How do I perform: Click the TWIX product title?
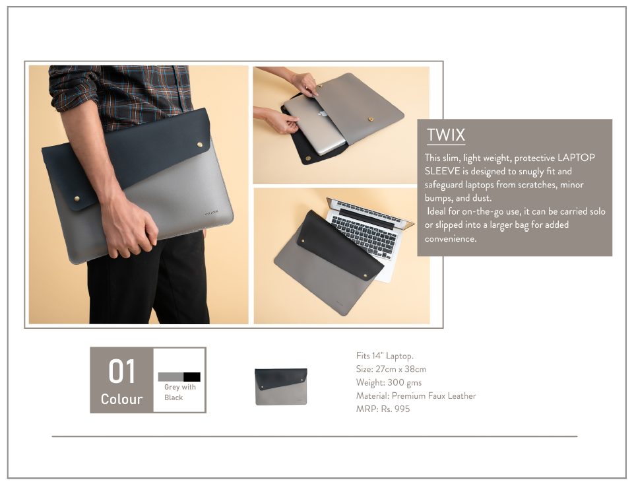[446, 135]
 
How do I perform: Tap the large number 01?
[121, 372]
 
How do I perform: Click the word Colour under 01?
[121, 399]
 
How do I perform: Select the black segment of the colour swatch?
[192, 377]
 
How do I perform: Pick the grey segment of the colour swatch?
[171, 377]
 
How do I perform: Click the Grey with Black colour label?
[179, 392]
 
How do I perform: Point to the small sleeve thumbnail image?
[281, 386]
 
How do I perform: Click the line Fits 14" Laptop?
[385, 356]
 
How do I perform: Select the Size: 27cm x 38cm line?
[391, 369]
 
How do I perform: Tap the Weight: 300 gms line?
[389, 382]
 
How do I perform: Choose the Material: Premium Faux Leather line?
[416, 396]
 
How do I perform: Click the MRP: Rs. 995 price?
[383, 409]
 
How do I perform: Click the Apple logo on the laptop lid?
[322, 114]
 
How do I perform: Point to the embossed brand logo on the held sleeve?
[212, 212]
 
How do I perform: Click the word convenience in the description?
[451, 239]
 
